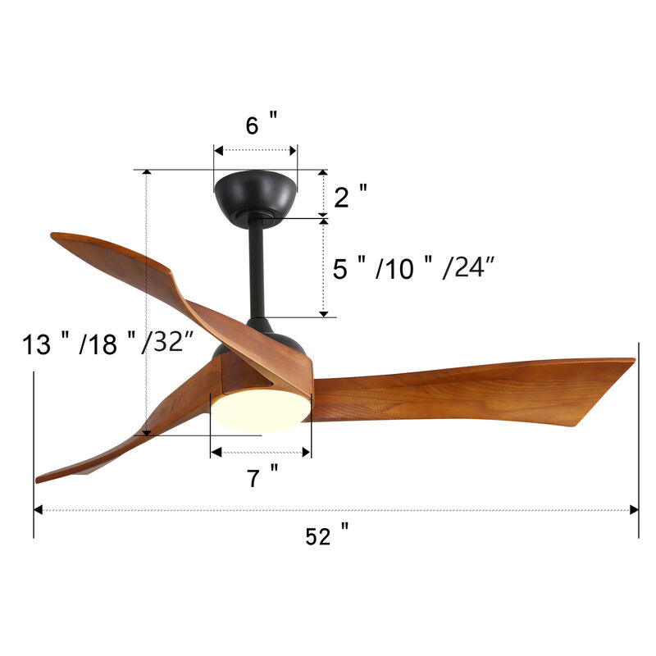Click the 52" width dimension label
pyautogui.click(x=326, y=536)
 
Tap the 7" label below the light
pyautogui.click(x=262, y=476)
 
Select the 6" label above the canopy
pyautogui.click(x=261, y=125)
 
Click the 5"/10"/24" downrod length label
pyautogui.click(x=413, y=268)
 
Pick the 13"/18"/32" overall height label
pyautogui.click(x=107, y=344)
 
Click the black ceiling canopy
pyautogui.click(x=255, y=194)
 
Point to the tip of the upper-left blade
pyautogui.click(x=55, y=237)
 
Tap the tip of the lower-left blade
pyautogui.click(x=39, y=479)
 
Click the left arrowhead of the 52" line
pyautogui.click(x=38, y=510)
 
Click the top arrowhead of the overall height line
pyautogui.click(x=146, y=173)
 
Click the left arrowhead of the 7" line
pyautogui.click(x=215, y=452)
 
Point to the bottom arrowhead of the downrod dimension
pyautogui.click(x=324, y=312)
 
